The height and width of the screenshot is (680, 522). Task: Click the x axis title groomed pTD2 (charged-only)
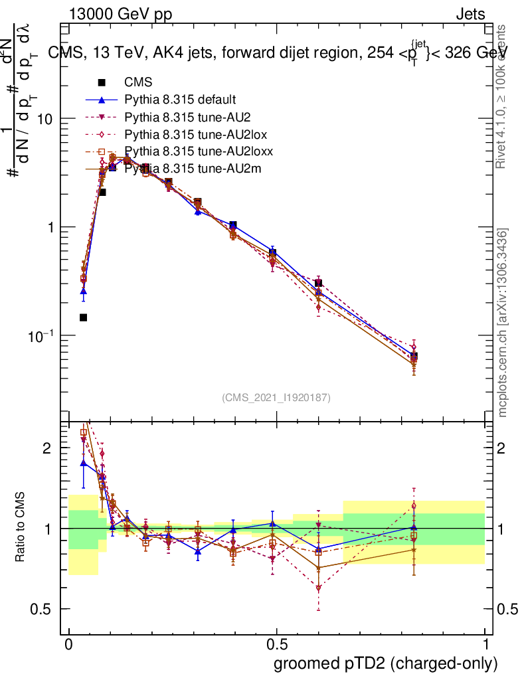pos(385,663)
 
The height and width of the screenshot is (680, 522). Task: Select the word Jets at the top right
pos(470,14)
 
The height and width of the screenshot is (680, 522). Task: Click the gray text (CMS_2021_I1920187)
pos(276,398)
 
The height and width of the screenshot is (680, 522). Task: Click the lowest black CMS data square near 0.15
pos(83,317)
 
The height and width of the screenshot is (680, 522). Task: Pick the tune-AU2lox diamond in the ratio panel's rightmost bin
pos(414,506)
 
